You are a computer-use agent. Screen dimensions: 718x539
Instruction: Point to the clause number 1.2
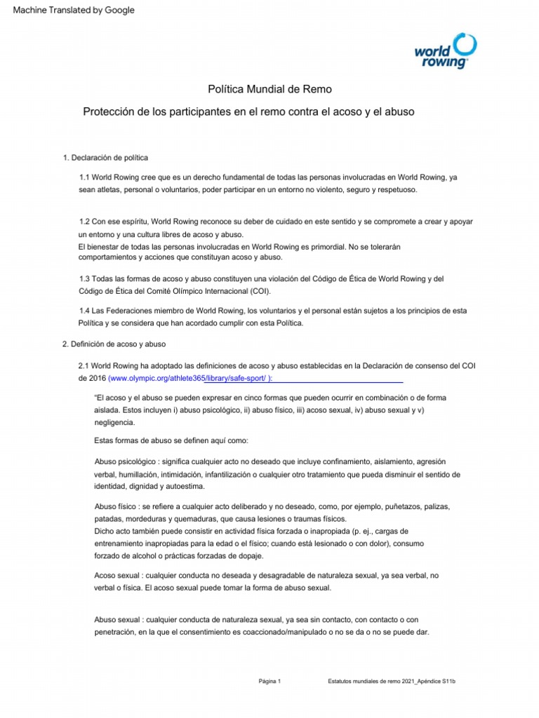click(x=86, y=221)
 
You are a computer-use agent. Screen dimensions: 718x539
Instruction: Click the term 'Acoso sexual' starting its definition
click(x=117, y=575)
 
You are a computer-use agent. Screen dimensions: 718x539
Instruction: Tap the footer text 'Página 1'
click(x=269, y=681)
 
